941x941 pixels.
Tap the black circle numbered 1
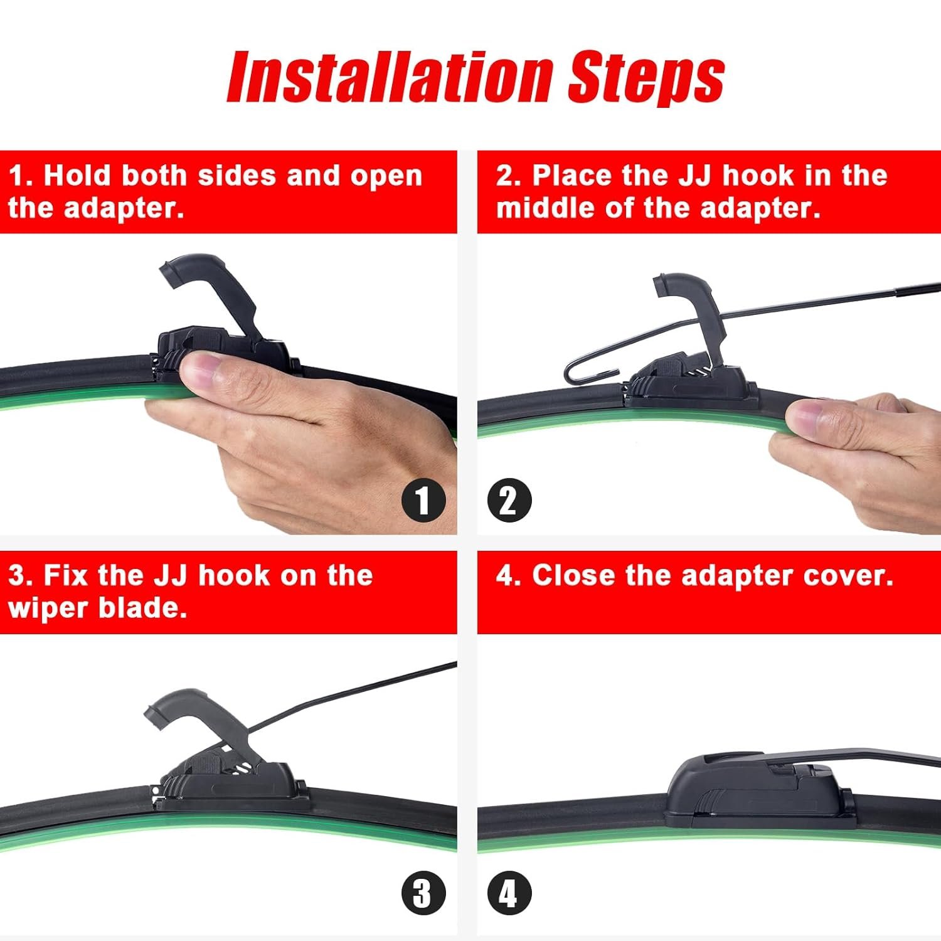point(423,501)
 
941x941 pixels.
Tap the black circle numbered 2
point(509,501)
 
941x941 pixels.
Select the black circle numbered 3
point(423,893)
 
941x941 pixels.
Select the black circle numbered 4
point(509,893)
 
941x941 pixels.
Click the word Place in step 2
point(572,175)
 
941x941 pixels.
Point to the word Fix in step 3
point(66,575)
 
